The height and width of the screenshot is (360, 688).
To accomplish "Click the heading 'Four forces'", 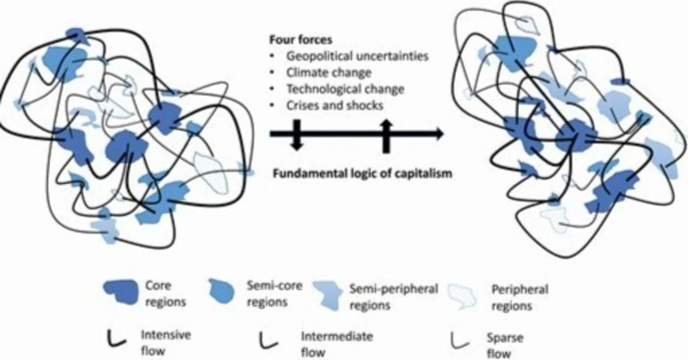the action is tap(300, 40).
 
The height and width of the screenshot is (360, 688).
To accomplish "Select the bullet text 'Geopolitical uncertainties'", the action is tap(358, 56).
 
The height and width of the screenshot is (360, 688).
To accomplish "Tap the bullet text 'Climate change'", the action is tap(329, 73).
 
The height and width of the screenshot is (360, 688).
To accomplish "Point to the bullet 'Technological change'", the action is tap(345, 89).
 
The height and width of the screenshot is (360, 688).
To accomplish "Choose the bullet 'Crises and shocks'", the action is tap(335, 105).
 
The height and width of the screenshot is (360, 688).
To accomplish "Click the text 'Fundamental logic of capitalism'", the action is tap(363, 174).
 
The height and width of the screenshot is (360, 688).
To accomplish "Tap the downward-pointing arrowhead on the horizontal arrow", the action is tap(296, 146).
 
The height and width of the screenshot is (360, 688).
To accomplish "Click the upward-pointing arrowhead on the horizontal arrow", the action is tap(386, 124).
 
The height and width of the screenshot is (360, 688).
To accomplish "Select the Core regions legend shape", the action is tap(121, 292).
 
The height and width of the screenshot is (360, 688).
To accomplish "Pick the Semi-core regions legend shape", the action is tap(221, 291).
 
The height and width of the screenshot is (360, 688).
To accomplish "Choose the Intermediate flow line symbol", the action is tap(268, 341).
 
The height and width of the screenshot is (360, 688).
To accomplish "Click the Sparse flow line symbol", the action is tap(459, 341).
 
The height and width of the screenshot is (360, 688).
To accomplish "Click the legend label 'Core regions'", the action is tap(166, 294).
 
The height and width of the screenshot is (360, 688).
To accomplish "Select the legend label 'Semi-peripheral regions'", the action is tap(394, 297).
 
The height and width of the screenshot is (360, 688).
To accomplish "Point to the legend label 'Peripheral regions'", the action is tap(519, 298).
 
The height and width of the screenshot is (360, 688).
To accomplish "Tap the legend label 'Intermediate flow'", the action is tap(337, 344).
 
